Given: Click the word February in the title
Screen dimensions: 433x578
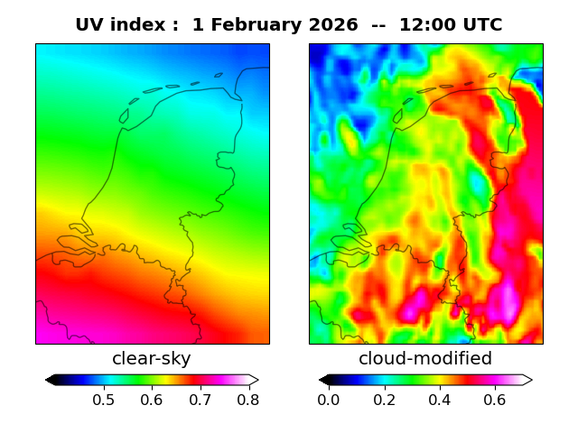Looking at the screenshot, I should (255, 25).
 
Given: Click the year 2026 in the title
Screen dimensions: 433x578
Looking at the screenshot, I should (334, 25).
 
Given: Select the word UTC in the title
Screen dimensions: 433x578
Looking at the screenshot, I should (480, 25).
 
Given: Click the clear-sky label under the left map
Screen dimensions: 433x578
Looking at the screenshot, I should (152, 359).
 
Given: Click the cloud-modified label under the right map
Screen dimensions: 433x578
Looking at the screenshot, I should (425, 359).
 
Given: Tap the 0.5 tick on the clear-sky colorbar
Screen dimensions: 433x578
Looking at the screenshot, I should (104, 399).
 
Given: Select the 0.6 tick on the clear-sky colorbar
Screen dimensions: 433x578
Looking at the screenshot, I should (152, 399).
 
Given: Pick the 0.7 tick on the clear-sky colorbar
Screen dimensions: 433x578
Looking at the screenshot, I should (200, 399).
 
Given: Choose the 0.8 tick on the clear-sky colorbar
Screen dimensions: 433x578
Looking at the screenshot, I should (248, 399).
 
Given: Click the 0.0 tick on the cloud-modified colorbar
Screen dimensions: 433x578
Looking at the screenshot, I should (329, 399).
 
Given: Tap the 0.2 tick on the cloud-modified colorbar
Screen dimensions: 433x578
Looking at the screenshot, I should (384, 399).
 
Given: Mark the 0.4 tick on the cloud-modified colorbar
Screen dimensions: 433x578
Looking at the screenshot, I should (439, 399).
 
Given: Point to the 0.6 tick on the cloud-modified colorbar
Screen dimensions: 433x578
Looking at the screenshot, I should (494, 399).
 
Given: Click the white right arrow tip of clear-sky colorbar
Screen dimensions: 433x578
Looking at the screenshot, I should (256, 380).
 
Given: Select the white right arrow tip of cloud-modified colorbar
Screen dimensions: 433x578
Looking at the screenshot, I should (529, 380).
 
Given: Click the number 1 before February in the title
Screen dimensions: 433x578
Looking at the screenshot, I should (198, 25).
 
